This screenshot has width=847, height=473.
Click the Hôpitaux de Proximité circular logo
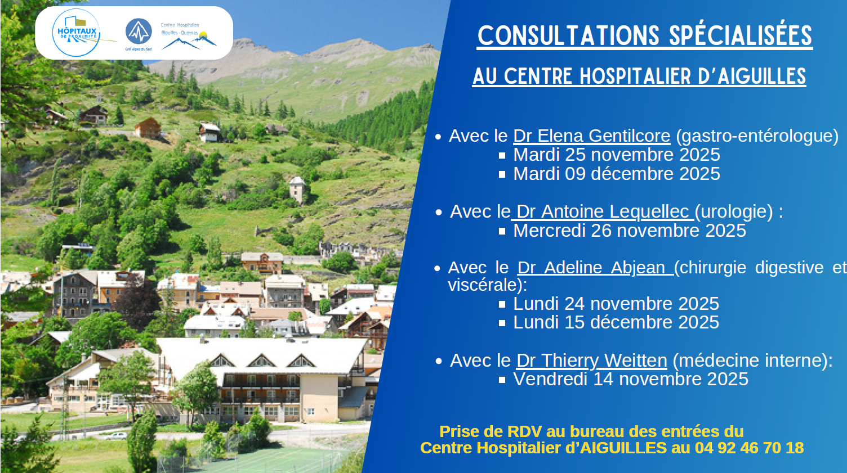click(77, 33)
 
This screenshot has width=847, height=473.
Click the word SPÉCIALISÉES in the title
click(741, 36)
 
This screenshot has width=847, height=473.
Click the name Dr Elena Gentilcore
click(591, 136)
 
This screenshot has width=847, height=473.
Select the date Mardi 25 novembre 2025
click(616, 155)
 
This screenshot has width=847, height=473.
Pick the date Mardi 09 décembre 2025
click(616, 174)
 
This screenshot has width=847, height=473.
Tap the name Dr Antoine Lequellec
click(603, 211)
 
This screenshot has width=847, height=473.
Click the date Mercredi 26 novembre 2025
click(629, 231)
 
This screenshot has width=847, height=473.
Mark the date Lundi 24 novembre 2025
click(616, 304)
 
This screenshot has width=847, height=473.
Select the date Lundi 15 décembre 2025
click(616, 322)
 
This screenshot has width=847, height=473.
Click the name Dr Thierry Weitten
click(591, 361)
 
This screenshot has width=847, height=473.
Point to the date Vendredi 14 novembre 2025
click(630, 379)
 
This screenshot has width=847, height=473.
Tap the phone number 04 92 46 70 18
click(749, 448)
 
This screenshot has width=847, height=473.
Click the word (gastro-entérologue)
click(757, 136)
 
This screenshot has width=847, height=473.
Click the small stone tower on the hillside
click(297, 189)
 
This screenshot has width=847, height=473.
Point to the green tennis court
click(265, 458)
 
